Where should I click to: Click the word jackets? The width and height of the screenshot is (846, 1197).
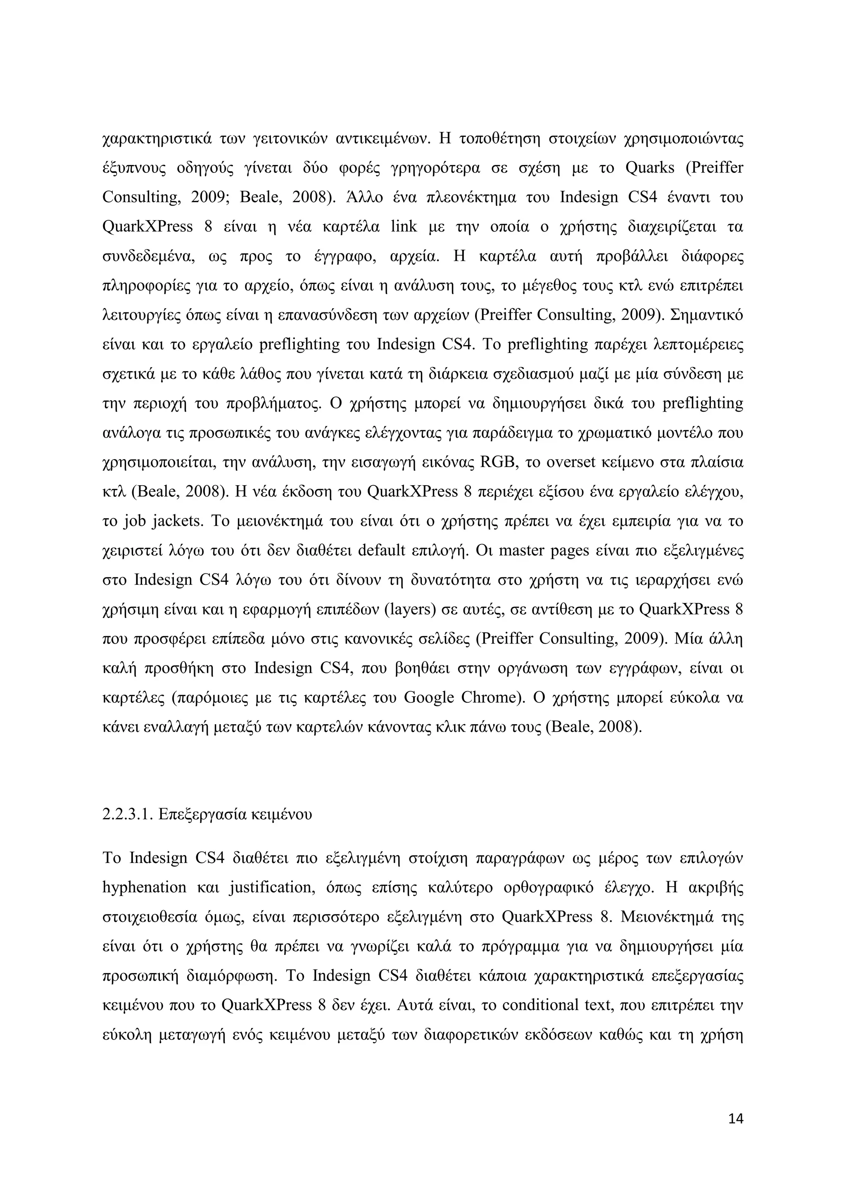click(x=177, y=521)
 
